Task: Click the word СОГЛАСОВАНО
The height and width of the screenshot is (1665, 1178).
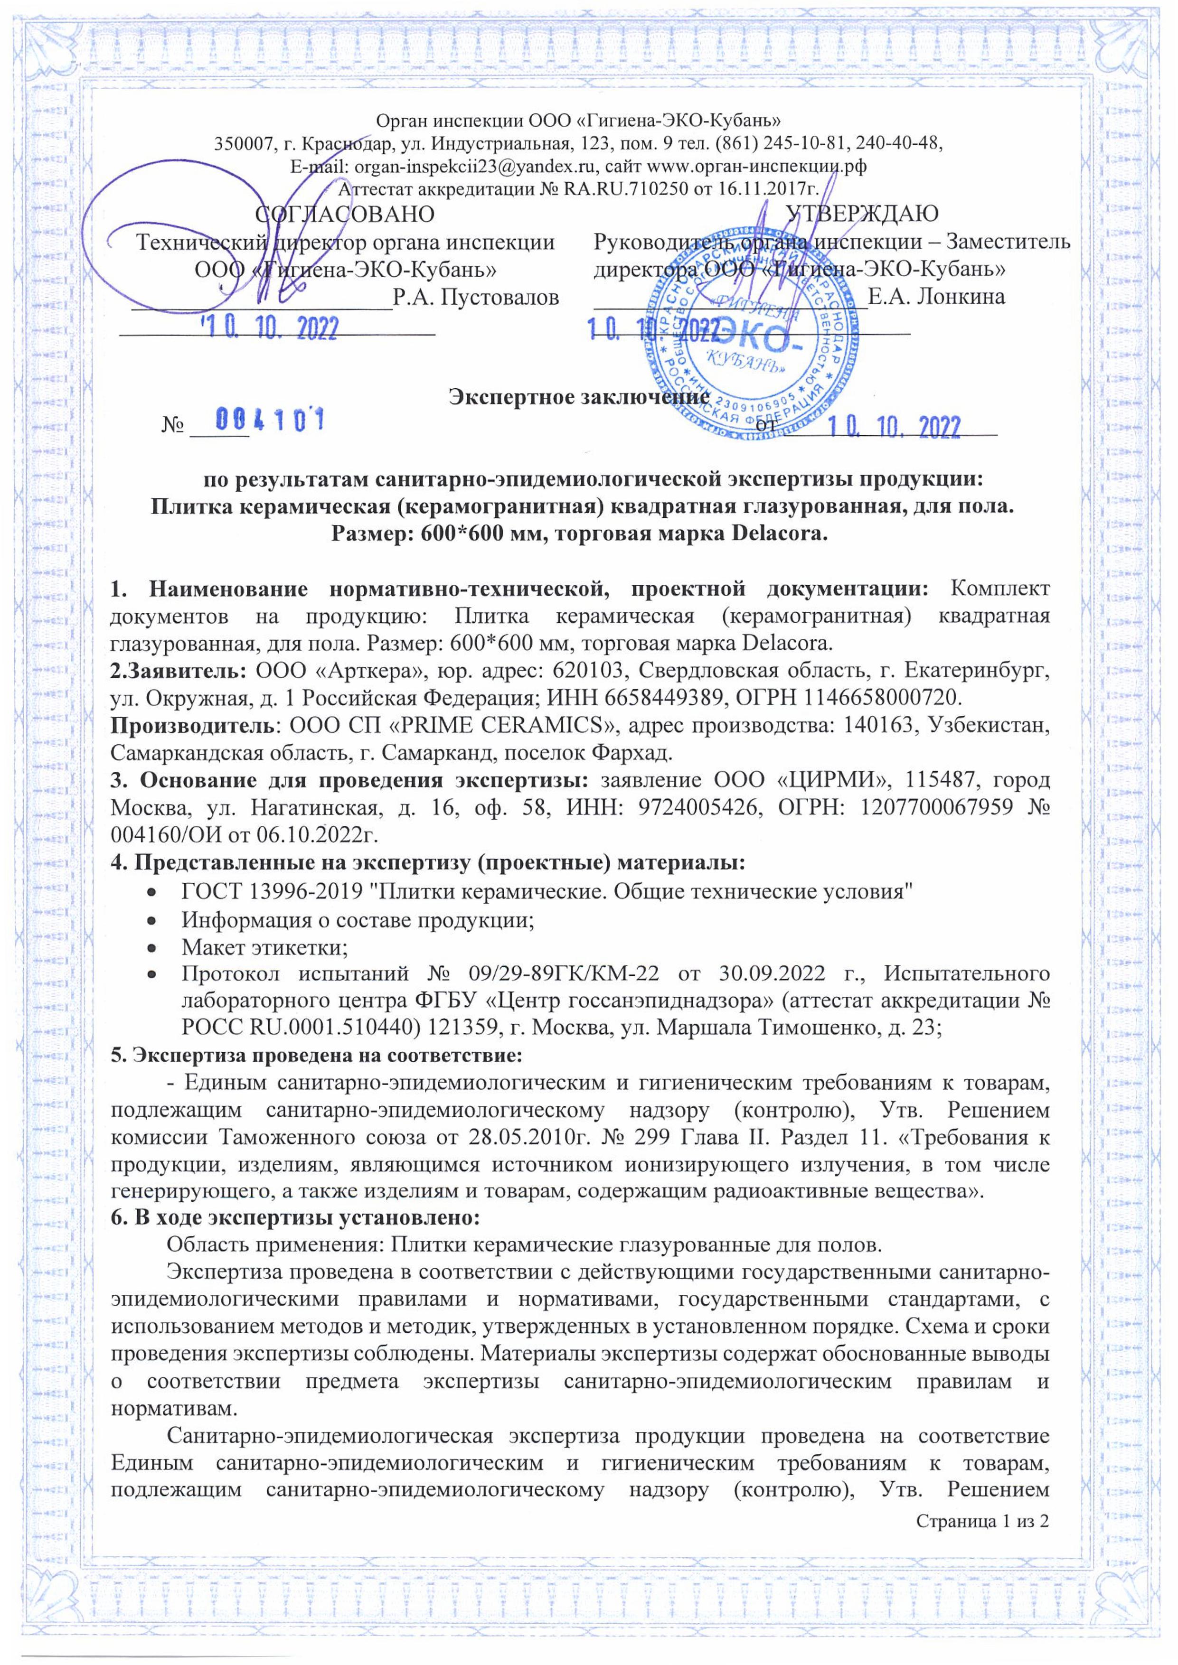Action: tap(346, 214)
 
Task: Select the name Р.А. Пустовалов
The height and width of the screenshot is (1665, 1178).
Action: tap(475, 297)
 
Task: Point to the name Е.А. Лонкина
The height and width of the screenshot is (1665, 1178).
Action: tap(936, 297)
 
